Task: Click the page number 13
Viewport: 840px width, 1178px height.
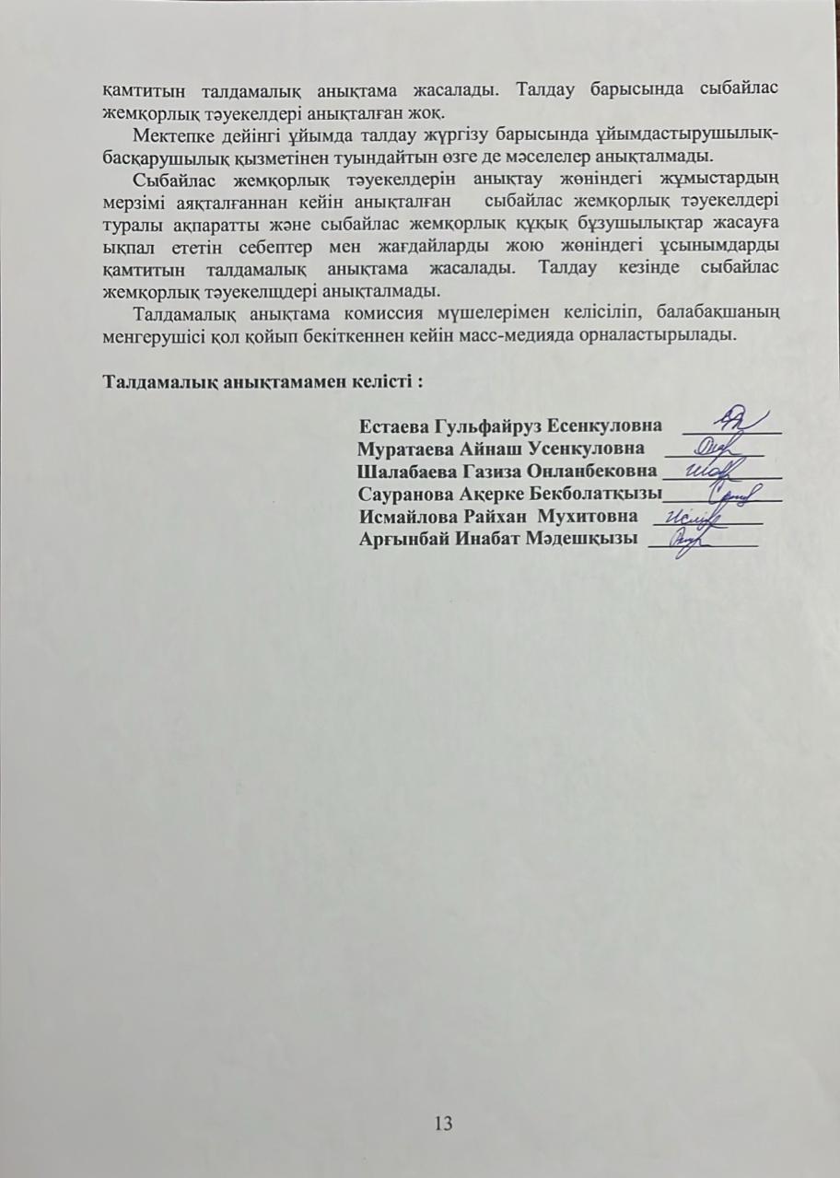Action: coord(443,1123)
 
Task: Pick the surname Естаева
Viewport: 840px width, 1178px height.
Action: coord(391,426)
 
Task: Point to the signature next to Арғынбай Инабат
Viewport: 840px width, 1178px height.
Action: coord(686,540)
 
